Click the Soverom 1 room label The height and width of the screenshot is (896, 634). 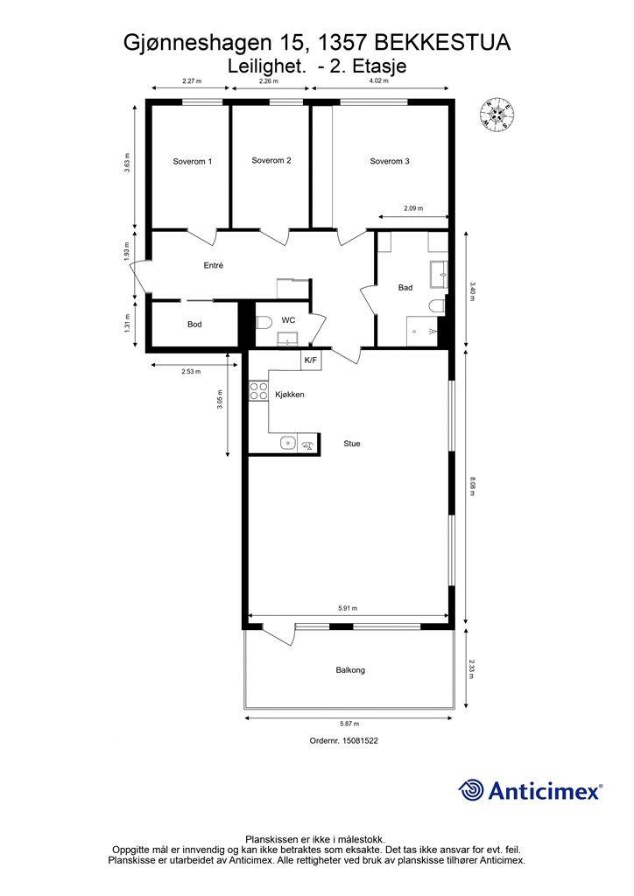tap(192, 162)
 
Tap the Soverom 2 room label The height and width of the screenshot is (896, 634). tap(271, 161)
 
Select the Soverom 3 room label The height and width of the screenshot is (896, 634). tap(390, 161)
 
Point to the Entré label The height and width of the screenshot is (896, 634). tap(214, 266)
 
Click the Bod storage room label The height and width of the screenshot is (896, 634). tap(194, 324)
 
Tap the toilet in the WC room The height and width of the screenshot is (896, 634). tap(264, 324)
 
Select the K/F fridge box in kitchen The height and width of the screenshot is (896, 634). tap(310, 360)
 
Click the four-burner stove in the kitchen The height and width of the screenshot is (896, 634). tap(258, 391)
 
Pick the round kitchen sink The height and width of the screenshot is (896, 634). tap(287, 443)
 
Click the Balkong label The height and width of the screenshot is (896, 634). tap(350, 669)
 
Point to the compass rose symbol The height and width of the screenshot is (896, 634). tap(497, 114)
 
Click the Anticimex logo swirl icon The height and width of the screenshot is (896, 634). tap(470, 790)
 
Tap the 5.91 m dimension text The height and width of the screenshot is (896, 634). tap(348, 609)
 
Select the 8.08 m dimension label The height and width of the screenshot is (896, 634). tap(472, 486)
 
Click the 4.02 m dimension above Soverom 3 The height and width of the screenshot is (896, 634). tap(378, 80)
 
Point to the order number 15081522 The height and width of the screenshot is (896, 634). tap(360, 740)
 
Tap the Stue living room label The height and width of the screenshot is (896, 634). tap(351, 444)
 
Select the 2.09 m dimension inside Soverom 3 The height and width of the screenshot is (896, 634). tap(413, 208)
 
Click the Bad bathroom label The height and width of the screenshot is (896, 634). tap(405, 287)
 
